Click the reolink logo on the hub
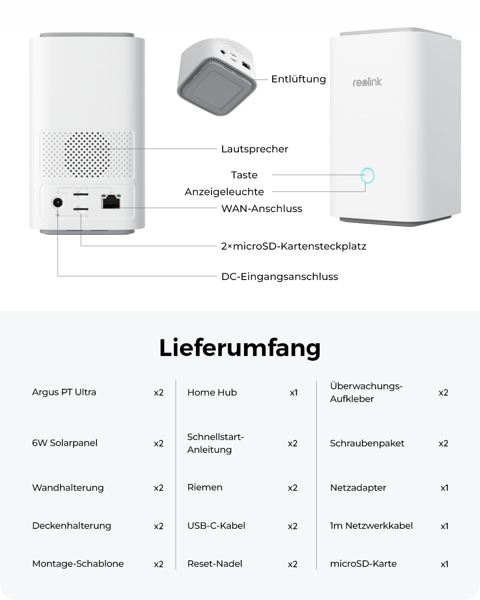click(x=367, y=82)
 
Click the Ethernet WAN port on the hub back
click(x=111, y=201)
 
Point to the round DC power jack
click(x=58, y=202)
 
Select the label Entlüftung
click(x=298, y=79)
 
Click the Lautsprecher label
click(x=255, y=149)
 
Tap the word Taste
click(x=244, y=175)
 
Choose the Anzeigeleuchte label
click(x=224, y=192)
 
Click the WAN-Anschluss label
click(x=262, y=208)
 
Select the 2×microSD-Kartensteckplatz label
click(x=294, y=246)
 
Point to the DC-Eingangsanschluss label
click(x=280, y=277)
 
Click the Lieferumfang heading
click(x=240, y=348)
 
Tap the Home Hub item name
click(x=212, y=392)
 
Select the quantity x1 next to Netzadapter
click(x=444, y=488)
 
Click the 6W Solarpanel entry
click(x=65, y=443)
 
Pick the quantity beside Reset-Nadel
click(x=292, y=564)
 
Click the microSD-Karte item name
click(x=363, y=564)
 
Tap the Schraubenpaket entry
click(x=367, y=444)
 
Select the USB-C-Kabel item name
click(x=216, y=526)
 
